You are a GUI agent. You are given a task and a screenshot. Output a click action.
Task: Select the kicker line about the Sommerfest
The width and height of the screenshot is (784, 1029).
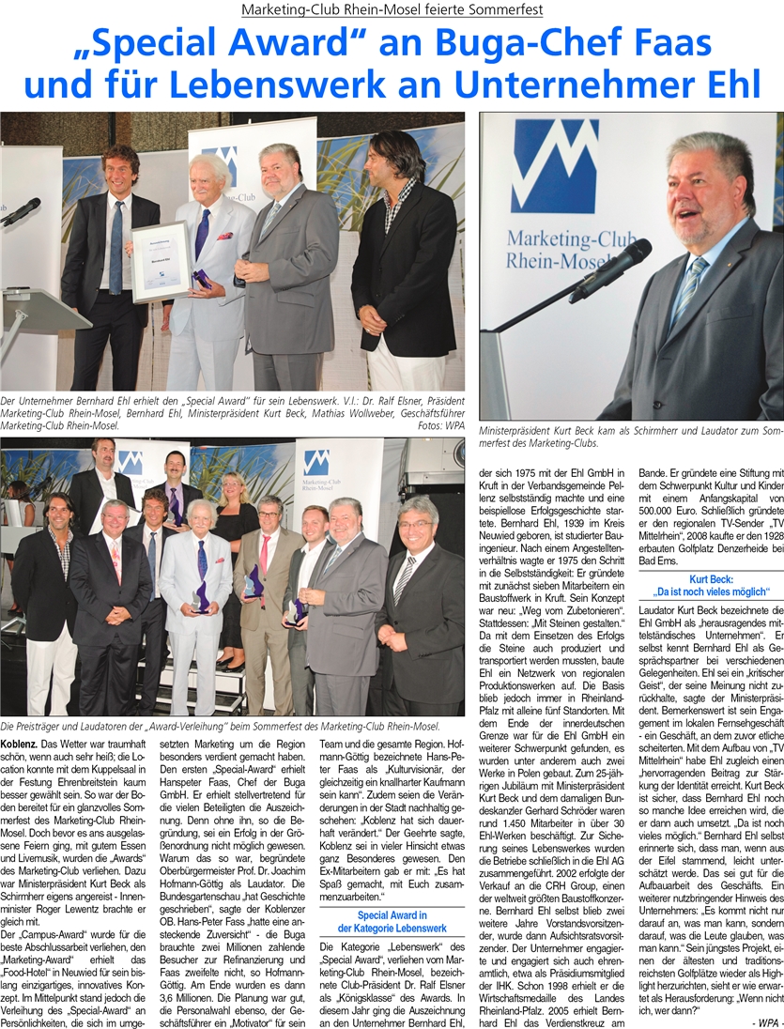[x=392, y=9]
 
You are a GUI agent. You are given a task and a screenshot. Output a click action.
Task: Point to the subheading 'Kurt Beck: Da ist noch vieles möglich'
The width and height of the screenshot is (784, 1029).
[x=710, y=585]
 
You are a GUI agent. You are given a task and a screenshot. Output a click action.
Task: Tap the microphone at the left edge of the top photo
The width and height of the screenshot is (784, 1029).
[x=21, y=212]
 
